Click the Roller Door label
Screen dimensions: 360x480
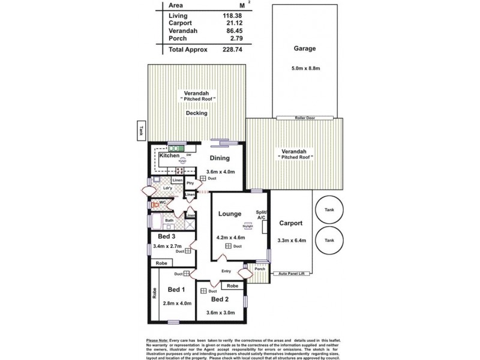click(x=305, y=118)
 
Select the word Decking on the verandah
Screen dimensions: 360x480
click(x=196, y=113)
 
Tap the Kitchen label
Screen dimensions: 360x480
click(x=169, y=156)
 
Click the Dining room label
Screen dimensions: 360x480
click(x=220, y=158)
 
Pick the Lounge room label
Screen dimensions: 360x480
click(x=230, y=214)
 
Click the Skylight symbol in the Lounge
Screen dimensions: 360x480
click(x=247, y=226)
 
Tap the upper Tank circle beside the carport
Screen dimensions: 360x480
click(x=329, y=210)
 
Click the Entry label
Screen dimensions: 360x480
click(x=226, y=271)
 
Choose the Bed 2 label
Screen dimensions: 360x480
click(x=220, y=299)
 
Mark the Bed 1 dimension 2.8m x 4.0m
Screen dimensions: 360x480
click(x=177, y=303)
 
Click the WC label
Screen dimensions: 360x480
click(x=163, y=203)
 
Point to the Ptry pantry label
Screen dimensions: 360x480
click(x=190, y=183)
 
